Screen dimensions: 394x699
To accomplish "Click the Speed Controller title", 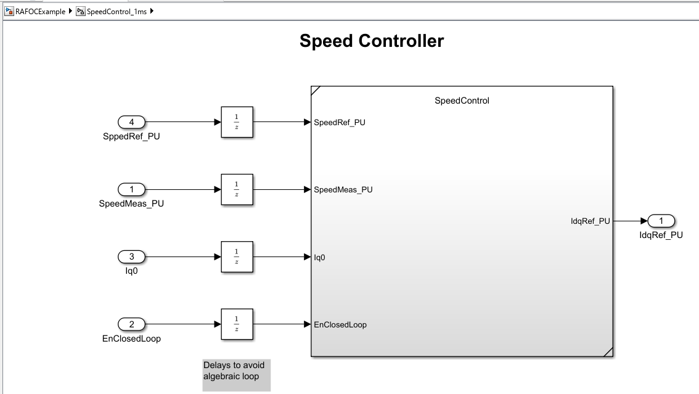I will [x=371, y=41].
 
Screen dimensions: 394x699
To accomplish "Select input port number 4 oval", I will [x=131, y=122].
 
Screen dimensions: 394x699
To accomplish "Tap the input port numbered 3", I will [x=131, y=257].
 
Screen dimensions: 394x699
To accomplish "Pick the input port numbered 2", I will [x=131, y=324].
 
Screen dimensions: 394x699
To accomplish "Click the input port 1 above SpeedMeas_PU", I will [x=131, y=189].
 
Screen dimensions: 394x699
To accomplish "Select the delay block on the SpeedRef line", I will [x=237, y=122].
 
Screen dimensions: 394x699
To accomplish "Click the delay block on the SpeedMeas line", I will [x=237, y=189].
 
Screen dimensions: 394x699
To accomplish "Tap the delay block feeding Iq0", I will [x=237, y=257].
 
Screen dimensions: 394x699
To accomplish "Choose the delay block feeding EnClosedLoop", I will [x=237, y=324].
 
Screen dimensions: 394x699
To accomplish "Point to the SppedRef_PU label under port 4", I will [x=131, y=136].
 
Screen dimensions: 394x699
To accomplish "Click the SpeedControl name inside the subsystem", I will [x=462, y=101].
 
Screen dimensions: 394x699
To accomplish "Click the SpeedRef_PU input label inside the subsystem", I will [x=340, y=123].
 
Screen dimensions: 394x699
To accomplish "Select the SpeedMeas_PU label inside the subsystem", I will [x=343, y=190].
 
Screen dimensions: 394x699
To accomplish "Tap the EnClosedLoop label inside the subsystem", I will [x=340, y=325].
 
